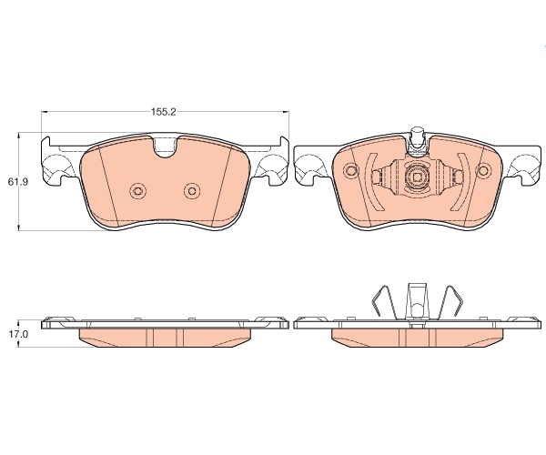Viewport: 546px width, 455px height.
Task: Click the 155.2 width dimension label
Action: click(164, 112)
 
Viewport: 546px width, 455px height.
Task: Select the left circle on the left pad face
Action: click(138, 191)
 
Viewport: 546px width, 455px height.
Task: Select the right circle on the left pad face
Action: click(192, 191)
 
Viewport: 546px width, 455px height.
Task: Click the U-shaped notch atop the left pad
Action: click(166, 147)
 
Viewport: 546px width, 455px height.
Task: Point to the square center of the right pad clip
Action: click(417, 177)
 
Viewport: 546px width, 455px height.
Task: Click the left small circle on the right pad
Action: click(351, 170)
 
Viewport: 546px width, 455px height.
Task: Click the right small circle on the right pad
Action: click(483, 170)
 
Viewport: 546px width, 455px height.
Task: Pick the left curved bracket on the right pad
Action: click(371, 182)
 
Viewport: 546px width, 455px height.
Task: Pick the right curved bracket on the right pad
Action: click(464, 182)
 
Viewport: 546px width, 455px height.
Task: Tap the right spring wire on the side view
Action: click(450, 301)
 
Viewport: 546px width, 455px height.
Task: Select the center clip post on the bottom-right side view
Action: click(417, 302)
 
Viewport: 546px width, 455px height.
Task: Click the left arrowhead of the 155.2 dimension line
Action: click(45, 112)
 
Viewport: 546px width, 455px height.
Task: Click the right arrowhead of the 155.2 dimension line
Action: click(286, 112)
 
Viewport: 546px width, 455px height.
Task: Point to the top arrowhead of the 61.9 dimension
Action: click(18, 136)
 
